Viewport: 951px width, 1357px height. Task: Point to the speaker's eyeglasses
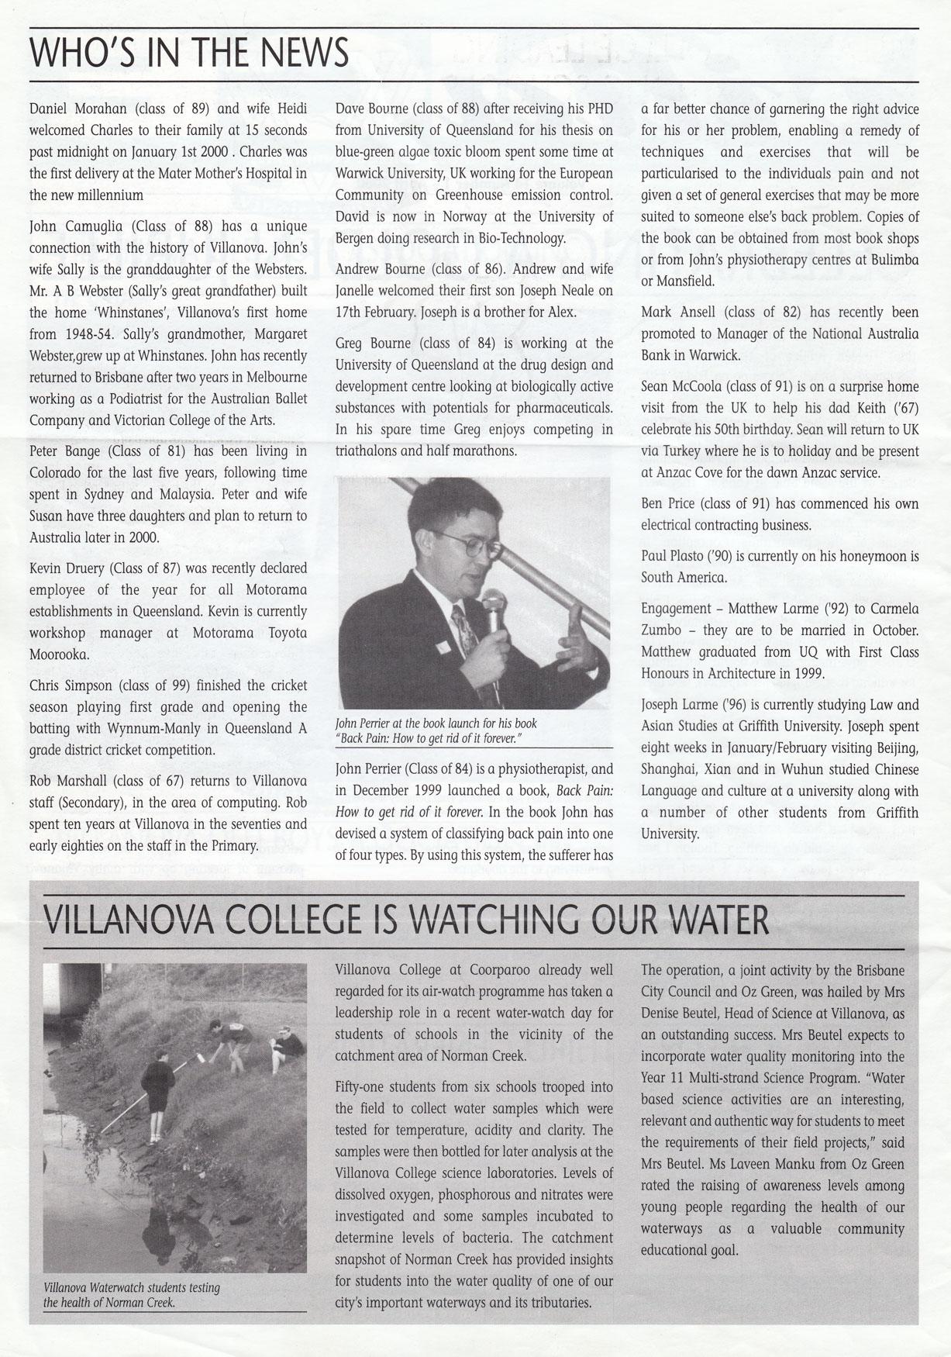(465, 545)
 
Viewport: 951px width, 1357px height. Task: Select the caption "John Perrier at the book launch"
(436, 723)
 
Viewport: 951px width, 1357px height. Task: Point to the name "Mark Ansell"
(674, 312)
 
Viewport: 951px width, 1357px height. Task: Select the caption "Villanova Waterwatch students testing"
(132, 1288)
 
